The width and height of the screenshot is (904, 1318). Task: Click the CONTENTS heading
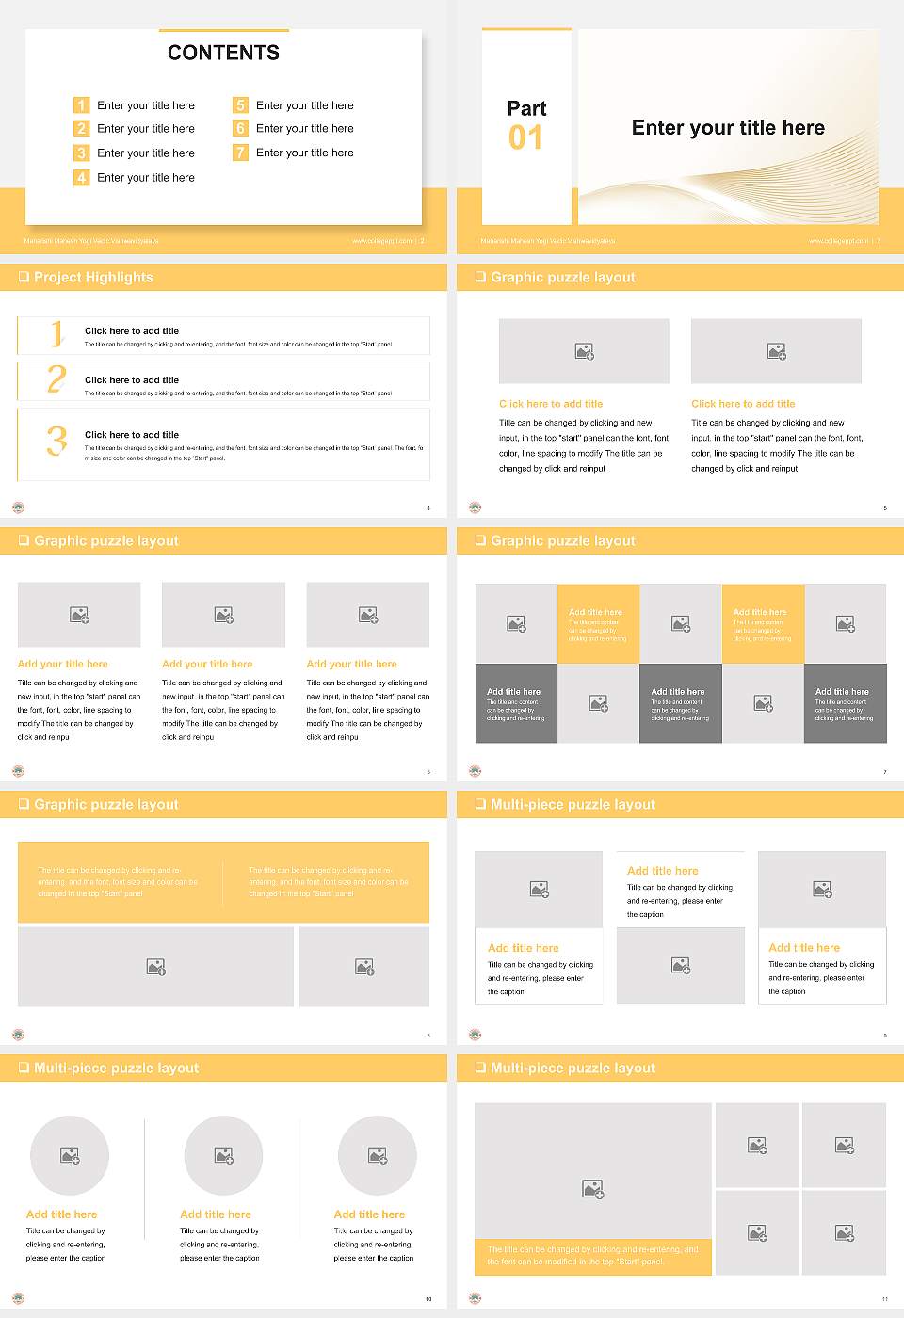coord(223,53)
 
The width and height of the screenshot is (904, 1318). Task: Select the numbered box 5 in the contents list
coord(240,105)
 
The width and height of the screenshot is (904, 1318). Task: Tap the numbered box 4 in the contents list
coord(81,177)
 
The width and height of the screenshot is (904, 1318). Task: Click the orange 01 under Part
coord(525,138)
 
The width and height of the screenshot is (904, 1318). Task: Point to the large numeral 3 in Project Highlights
coord(56,441)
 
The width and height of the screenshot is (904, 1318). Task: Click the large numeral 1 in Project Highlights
coord(56,334)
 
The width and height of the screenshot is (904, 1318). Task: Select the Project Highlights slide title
coord(93,278)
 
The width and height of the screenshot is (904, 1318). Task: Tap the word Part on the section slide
coord(526,108)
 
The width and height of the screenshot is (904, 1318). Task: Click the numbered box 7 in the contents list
coord(240,153)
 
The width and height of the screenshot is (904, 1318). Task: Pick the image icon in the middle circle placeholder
coord(223,1155)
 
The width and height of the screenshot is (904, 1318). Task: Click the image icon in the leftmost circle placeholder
coord(70,1155)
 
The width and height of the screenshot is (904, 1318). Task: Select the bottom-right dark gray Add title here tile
coord(845,703)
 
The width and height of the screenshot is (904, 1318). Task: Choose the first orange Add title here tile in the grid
coord(598,623)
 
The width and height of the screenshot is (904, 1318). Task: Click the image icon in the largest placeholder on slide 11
coord(592,1190)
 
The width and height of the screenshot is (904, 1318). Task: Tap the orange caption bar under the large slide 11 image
coord(592,1256)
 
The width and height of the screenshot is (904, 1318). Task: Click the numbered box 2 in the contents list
coord(81,129)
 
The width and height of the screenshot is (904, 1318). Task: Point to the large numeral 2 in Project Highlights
coord(56,379)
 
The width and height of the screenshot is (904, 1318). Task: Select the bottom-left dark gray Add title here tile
coord(516,703)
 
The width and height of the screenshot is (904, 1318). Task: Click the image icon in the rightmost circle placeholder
coord(377,1155)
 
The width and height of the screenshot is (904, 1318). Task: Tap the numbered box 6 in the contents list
coord(240,129)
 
